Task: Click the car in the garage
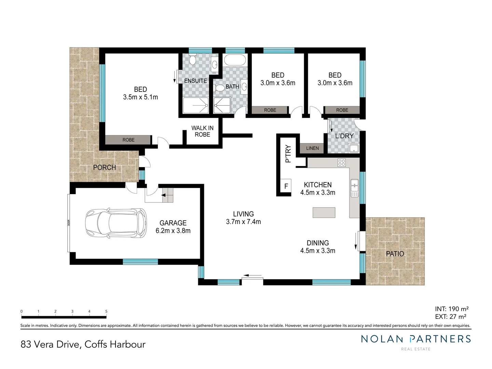(x=116, y=224)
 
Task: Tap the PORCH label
(x=105, y=167)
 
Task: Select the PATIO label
(x=395, y=254)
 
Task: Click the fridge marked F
(x=286, y=186)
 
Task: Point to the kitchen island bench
(x=324, y=213)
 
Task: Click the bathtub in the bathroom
(x=235, y=60)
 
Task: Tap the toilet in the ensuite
(x=192, y=60)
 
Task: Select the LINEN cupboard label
(x=312, y=148)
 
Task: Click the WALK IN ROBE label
(x=202, y=131)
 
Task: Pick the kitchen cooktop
(x=341, y=163)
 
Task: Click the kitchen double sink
(x=354, y=188)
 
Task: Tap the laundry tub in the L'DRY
(x=353, y=148)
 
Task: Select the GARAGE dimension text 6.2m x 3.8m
(x=173, y=231)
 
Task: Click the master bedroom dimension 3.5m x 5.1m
(x=140, y=97)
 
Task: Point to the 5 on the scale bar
(x=106, y=311)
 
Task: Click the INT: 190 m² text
(x=451, y=309)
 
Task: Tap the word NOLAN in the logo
(x=382, y=339)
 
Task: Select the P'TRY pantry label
(x=288, y=154)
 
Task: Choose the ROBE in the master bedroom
(x=128, y=140)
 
